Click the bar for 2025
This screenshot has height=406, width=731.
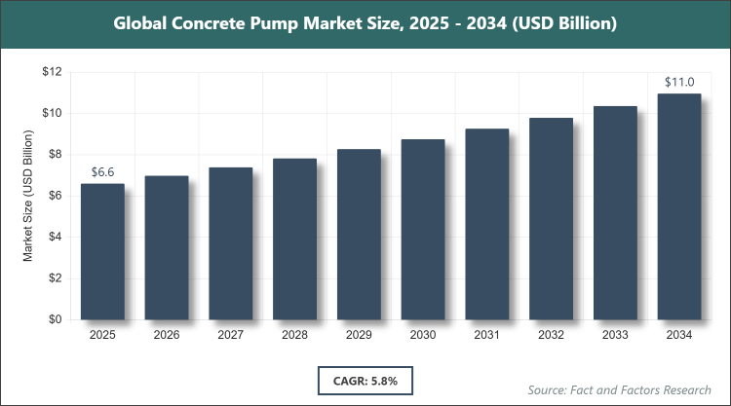pyautogui.click(x=102, y=251)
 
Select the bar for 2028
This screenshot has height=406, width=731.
pyautogui.click(x=294, y=239)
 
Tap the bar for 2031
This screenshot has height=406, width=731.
pyautogui.click(x=486, y=224)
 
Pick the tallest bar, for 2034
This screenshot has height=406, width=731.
pyautogui.click(x=679, y=206)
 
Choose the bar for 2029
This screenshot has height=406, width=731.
pyautogui.click(x=359, y=234)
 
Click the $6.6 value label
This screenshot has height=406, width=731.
pyautogui.click(x=102, y=171)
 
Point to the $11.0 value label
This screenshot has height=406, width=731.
pyautogui.click(x=679, y=82)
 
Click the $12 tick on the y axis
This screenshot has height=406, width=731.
pyautogui.click(x=52, y=72)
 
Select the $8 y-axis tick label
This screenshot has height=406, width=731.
pyautogui.click(x=55, y=154)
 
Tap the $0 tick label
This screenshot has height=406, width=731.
pyautogui.click(x=55, y=319)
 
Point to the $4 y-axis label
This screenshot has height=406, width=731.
pyautogui.click(x=55, y=237)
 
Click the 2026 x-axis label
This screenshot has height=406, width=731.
pyautogui.click(x=167, y=336)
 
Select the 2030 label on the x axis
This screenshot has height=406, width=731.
pyautogui.click(x=423, y=336)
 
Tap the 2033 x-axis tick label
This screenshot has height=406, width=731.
pyautogui.click(x=615, y=336)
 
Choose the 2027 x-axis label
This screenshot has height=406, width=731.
pyautogui.click(x=231, y=336)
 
